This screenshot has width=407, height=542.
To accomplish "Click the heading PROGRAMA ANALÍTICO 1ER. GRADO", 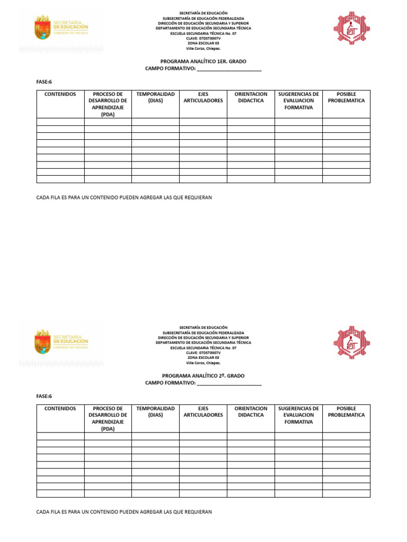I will [x=203, y=61].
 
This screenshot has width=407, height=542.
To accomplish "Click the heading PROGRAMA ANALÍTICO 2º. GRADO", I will [x=203, y=375].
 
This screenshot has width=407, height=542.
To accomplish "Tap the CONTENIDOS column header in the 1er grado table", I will [x=60, y=94].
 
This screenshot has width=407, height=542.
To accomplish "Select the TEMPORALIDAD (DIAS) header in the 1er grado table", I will [x=155, y=97].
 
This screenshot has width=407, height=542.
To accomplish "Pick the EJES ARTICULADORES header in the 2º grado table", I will [x=203, y=412].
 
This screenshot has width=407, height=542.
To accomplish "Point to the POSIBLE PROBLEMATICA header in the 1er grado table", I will [x=346, y=97].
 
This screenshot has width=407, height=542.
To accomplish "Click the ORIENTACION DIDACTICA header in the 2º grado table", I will [x=251, y=412].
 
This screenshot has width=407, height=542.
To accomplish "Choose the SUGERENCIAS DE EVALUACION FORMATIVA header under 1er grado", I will [x=298, y=101].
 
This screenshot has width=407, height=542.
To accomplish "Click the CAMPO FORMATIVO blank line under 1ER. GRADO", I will [x=229, y=69].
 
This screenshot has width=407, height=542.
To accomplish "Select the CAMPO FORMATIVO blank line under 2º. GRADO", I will [x=229, y=383].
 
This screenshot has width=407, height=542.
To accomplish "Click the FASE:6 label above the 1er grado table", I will [x=44, y=82].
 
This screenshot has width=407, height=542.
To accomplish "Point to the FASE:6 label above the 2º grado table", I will [x=44, y=396].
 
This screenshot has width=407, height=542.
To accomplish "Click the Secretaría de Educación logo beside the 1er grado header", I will [x=61, y=28].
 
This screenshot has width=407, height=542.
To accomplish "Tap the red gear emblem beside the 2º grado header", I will [x=351, y=342].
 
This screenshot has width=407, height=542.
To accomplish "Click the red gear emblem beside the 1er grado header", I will [x=351, y=28].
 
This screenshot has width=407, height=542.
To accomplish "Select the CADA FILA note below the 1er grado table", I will [x=124, y=197].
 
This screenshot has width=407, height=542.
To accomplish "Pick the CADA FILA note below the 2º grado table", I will [x=124, y=512].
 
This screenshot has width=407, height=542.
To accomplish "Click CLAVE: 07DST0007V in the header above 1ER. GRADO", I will [x=203, y=38].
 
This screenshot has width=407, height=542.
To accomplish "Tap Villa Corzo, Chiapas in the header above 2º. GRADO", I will [x=203, y=363].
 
